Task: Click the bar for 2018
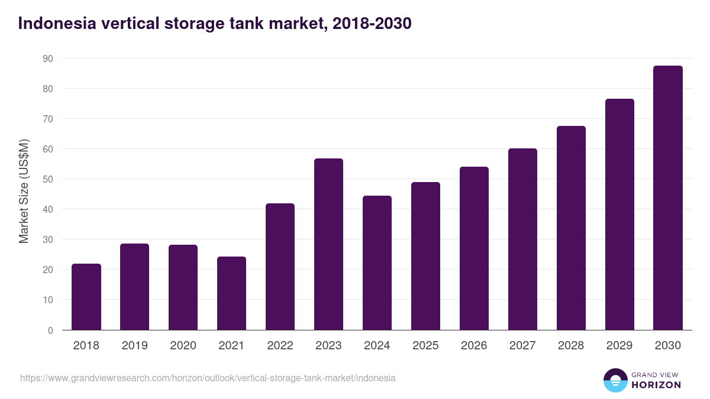tap(86, 297)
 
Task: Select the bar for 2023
tap(329, 244)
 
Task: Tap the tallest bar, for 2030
tap(668, 198)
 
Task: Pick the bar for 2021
tap(232, 293)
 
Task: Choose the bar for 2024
tap(377, 263)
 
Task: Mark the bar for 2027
tap(522, 239)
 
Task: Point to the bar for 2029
tap(619, 215)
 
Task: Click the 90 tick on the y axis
tap(47, 59)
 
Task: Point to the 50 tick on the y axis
tap(47, 179)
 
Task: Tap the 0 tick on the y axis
tap(50, 330)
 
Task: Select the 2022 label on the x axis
tap(280, 346)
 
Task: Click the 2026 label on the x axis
tap(474, 346)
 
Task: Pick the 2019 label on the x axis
tap(135, 346)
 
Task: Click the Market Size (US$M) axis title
tap(24, 191)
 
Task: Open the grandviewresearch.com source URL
tap(208, 378)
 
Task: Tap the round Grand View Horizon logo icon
tap(615, 380)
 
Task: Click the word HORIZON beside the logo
tap(656, 385)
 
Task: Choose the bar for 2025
tap(426, 256)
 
